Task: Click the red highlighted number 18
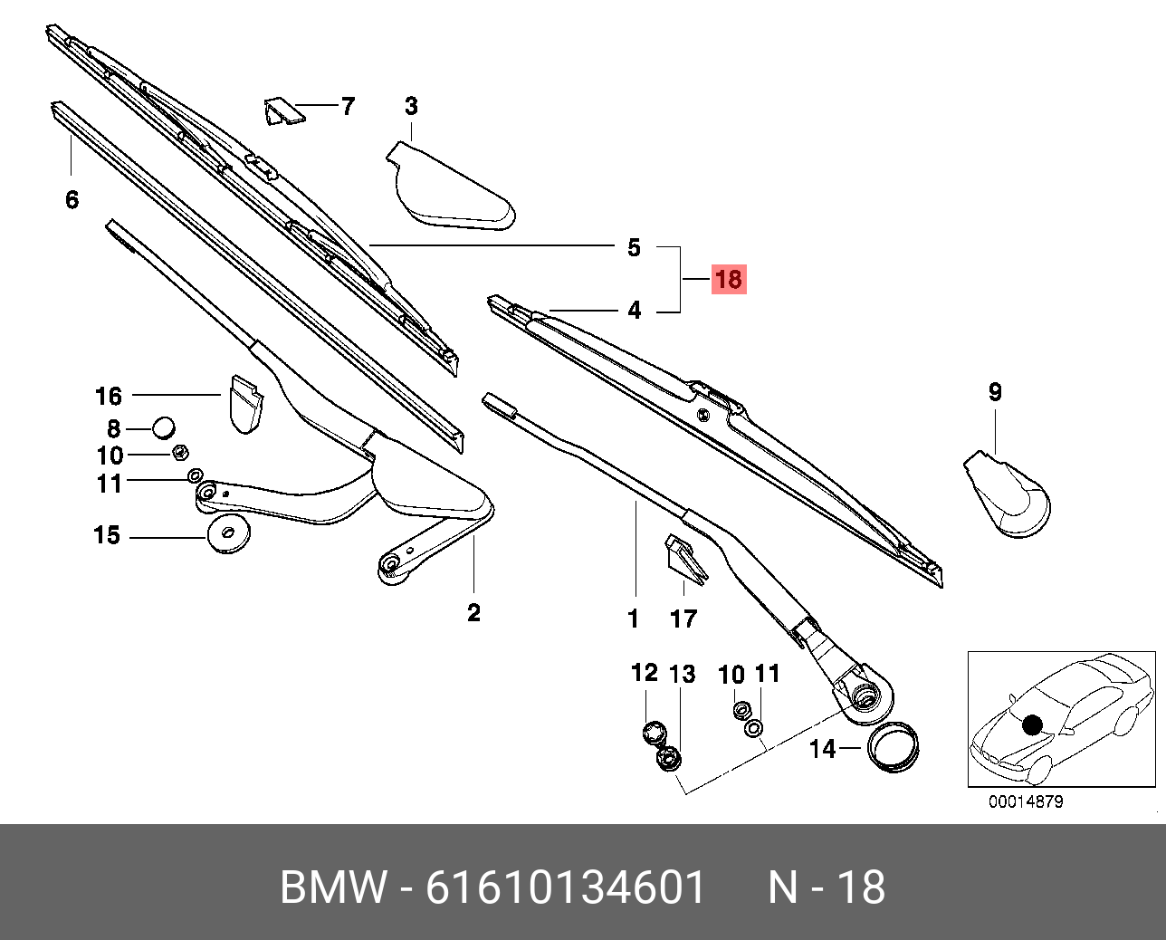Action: click(728, 279)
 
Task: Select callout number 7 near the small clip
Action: click(348, 107)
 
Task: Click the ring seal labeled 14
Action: click(894, 748)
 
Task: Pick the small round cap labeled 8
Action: click(163, 427)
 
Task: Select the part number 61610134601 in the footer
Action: click(566, 887)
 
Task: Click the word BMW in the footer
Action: click(333, 887)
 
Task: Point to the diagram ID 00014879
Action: click(1025, 801)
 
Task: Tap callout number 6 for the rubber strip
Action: click(72, 199)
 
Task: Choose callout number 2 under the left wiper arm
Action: click(473, 613)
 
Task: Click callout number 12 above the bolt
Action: click(644, 673)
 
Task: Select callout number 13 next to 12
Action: click(682, 674)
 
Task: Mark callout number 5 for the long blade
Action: click(634, 247)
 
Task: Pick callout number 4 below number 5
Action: click(635, 311)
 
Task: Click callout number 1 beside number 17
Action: click(634, 619)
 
